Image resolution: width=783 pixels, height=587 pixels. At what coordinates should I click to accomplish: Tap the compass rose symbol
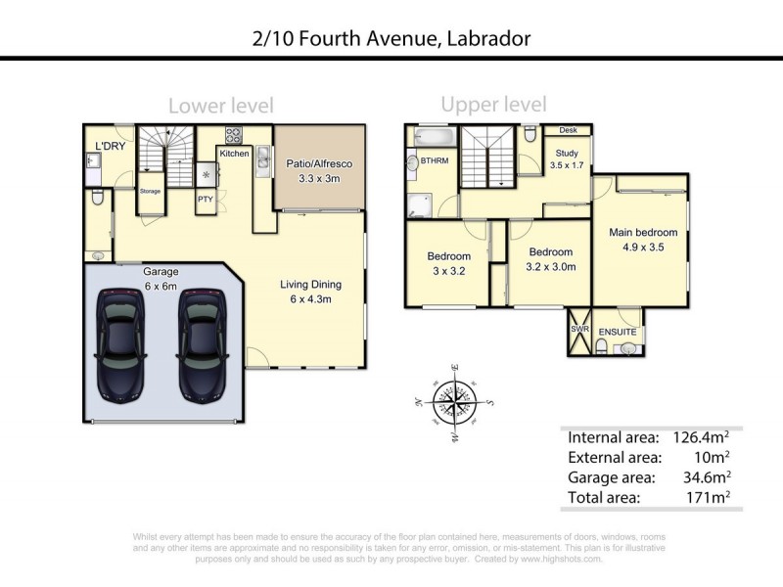point(454,402)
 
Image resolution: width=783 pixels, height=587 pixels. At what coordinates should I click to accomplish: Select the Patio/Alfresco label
point(319,163)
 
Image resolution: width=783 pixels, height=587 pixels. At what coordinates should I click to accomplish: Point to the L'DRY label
point(111,146)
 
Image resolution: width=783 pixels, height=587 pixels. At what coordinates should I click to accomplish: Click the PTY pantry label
point(206,200)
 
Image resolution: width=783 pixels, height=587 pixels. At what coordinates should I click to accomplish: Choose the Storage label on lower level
point(150,191)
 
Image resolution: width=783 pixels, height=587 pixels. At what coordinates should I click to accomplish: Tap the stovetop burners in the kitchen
point(234,135)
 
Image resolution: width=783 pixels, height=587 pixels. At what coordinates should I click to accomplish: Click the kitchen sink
point(263,159)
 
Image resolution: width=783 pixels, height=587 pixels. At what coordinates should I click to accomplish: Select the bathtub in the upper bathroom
point(435,137)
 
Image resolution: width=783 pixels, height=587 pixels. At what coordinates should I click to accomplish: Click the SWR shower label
point(579,330)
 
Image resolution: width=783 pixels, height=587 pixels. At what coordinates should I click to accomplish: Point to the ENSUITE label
point(618,332)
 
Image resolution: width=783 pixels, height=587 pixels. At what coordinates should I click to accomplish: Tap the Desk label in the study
point(568,130)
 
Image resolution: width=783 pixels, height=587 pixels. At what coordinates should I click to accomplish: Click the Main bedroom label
point(643,232)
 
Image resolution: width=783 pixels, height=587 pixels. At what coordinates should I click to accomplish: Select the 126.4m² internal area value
point(701,436)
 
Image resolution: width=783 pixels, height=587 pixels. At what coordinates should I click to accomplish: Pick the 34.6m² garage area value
point(706,477)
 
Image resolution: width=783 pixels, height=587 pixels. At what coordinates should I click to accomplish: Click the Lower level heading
point(221,106)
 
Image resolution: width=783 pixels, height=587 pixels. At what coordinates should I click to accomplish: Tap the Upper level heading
point(494,105)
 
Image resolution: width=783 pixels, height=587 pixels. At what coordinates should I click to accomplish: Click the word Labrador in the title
point(488,38)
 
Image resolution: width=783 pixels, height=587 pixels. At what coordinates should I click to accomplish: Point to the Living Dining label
point(310,285)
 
